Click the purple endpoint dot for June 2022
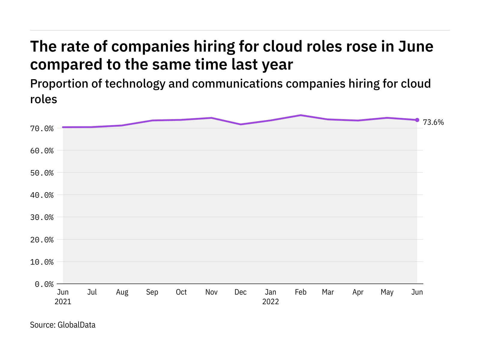[x=417, y=120]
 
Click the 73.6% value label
[x=433, y=122]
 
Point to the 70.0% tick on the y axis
[x=42, y=129]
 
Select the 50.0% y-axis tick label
[x=42, y=173]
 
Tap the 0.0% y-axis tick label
[x=44, y=284]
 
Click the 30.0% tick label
[x=42, y=217]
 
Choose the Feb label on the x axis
[x=301, y=292]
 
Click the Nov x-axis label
[x=211, y=292]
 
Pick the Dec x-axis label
[x=241, y=292]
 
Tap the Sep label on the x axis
[x=152, y=292]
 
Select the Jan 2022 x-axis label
[x=271, y=297]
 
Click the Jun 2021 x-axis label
[x=63, y=297]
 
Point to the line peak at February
[x=301, y=115]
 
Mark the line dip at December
[x=241, y=124]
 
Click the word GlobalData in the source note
[x=76, y=325]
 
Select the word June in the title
[x=416, y=46]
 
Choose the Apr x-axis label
[x=358, y=292]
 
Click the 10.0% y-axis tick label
[x=42, y=262]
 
